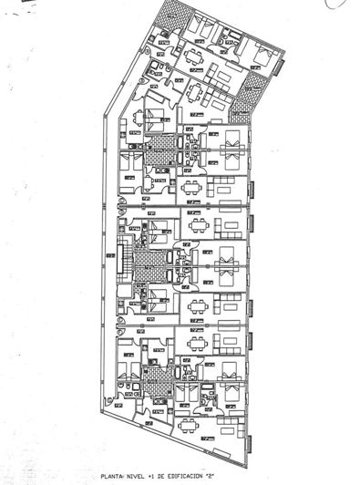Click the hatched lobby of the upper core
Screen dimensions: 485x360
pos(162,144)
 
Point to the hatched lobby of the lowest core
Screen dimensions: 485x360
pos(162,376)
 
